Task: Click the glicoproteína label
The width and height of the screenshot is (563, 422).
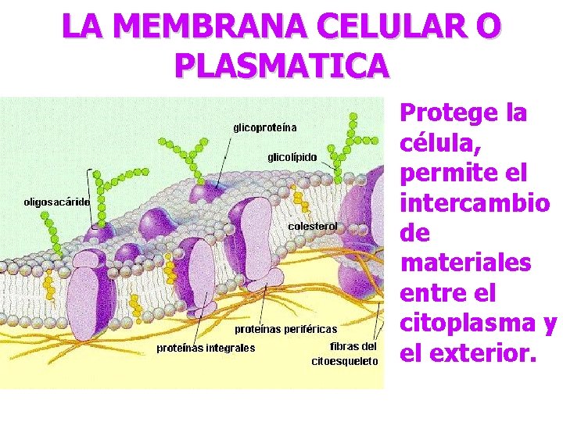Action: point(265,127)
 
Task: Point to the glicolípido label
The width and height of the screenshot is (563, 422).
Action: point(292,157)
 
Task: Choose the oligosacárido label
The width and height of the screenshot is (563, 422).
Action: point(57,202)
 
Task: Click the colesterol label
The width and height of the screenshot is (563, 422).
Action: point(313,226)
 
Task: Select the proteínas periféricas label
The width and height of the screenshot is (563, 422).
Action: point(286,329)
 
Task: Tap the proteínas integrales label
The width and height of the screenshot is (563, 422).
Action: point(206,348)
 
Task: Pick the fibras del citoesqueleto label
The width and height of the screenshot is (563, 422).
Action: point(345,353)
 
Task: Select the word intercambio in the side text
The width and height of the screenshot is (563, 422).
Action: point(475,202)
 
